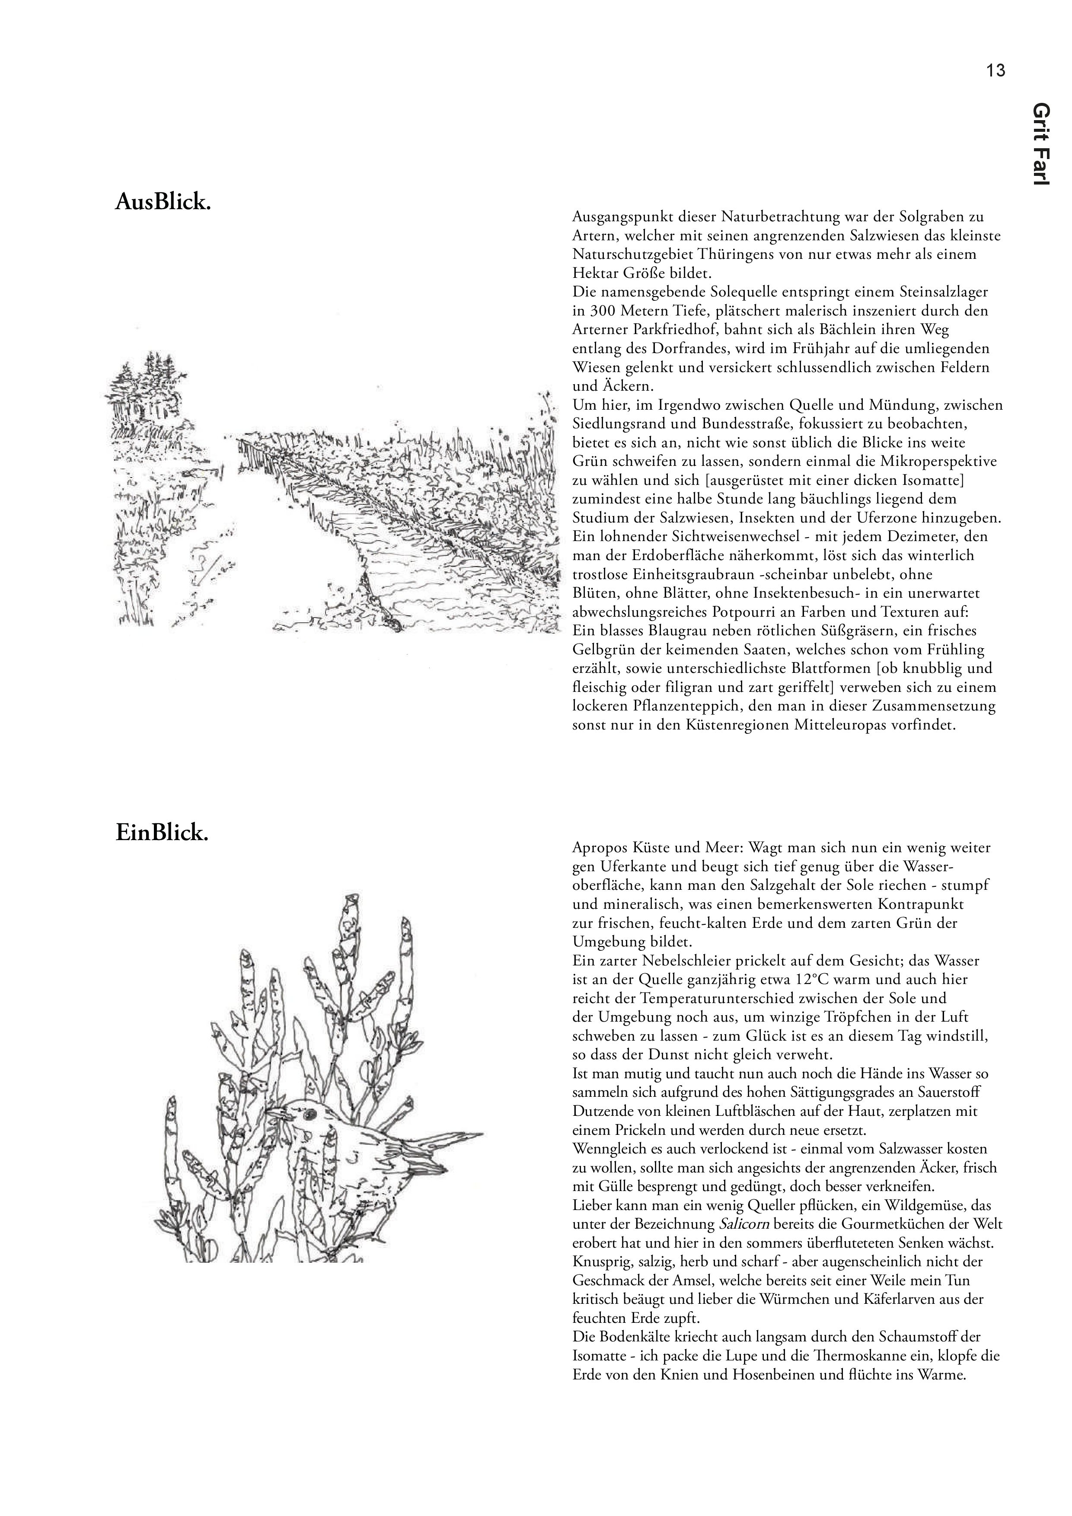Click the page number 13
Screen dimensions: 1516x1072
[x=995, y=70]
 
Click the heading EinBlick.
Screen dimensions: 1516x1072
[x=162, y=833]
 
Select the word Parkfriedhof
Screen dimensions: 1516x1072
[x=670, y=329]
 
